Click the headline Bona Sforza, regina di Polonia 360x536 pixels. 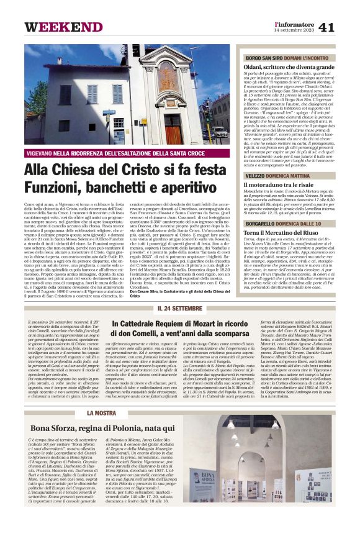[102, 428]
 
